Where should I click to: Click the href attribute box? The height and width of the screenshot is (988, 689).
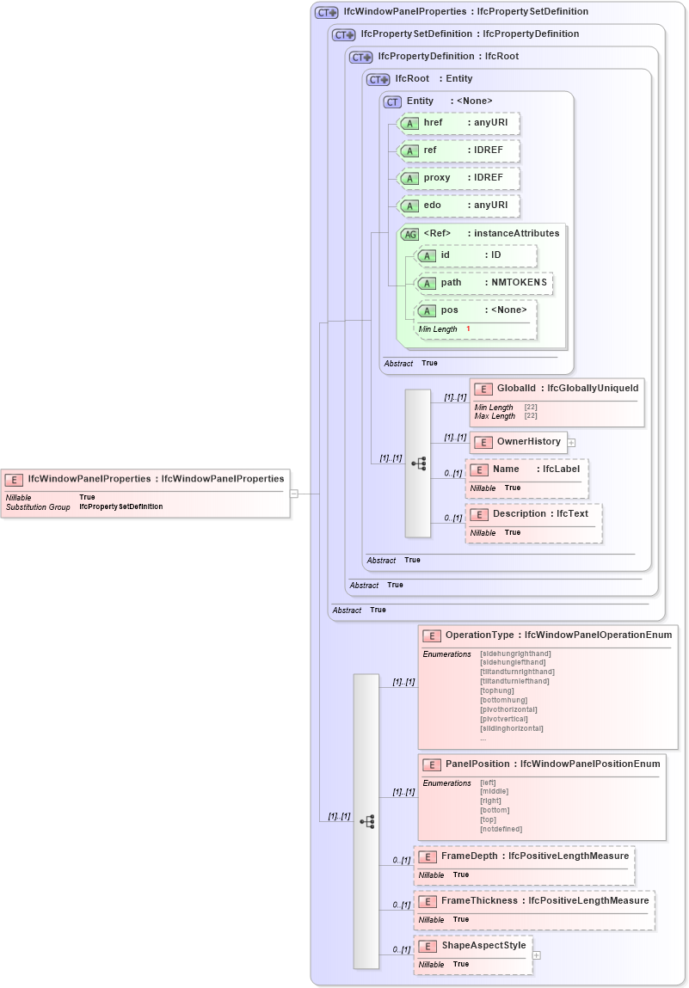458,123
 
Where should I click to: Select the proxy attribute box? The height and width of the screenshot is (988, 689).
458,178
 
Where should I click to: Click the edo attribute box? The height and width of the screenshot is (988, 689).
458,206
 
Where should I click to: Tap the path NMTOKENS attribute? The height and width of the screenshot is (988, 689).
483,283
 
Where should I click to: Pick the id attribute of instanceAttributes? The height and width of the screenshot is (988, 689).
475,255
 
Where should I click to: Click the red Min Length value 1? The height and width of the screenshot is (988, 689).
469,329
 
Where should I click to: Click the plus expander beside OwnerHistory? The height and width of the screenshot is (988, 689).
571,442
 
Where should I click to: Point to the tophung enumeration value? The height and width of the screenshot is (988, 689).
497,690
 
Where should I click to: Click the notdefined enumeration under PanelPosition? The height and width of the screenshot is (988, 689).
501,829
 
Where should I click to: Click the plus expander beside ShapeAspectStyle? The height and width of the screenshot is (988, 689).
537,954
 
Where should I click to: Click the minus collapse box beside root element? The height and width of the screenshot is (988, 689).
294,494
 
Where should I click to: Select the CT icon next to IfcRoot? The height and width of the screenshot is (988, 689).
378,79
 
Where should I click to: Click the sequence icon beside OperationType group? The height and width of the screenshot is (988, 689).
367,821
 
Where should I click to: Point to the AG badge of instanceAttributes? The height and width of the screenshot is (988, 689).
410,233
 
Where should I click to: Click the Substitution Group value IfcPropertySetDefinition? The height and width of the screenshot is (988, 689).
120,507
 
